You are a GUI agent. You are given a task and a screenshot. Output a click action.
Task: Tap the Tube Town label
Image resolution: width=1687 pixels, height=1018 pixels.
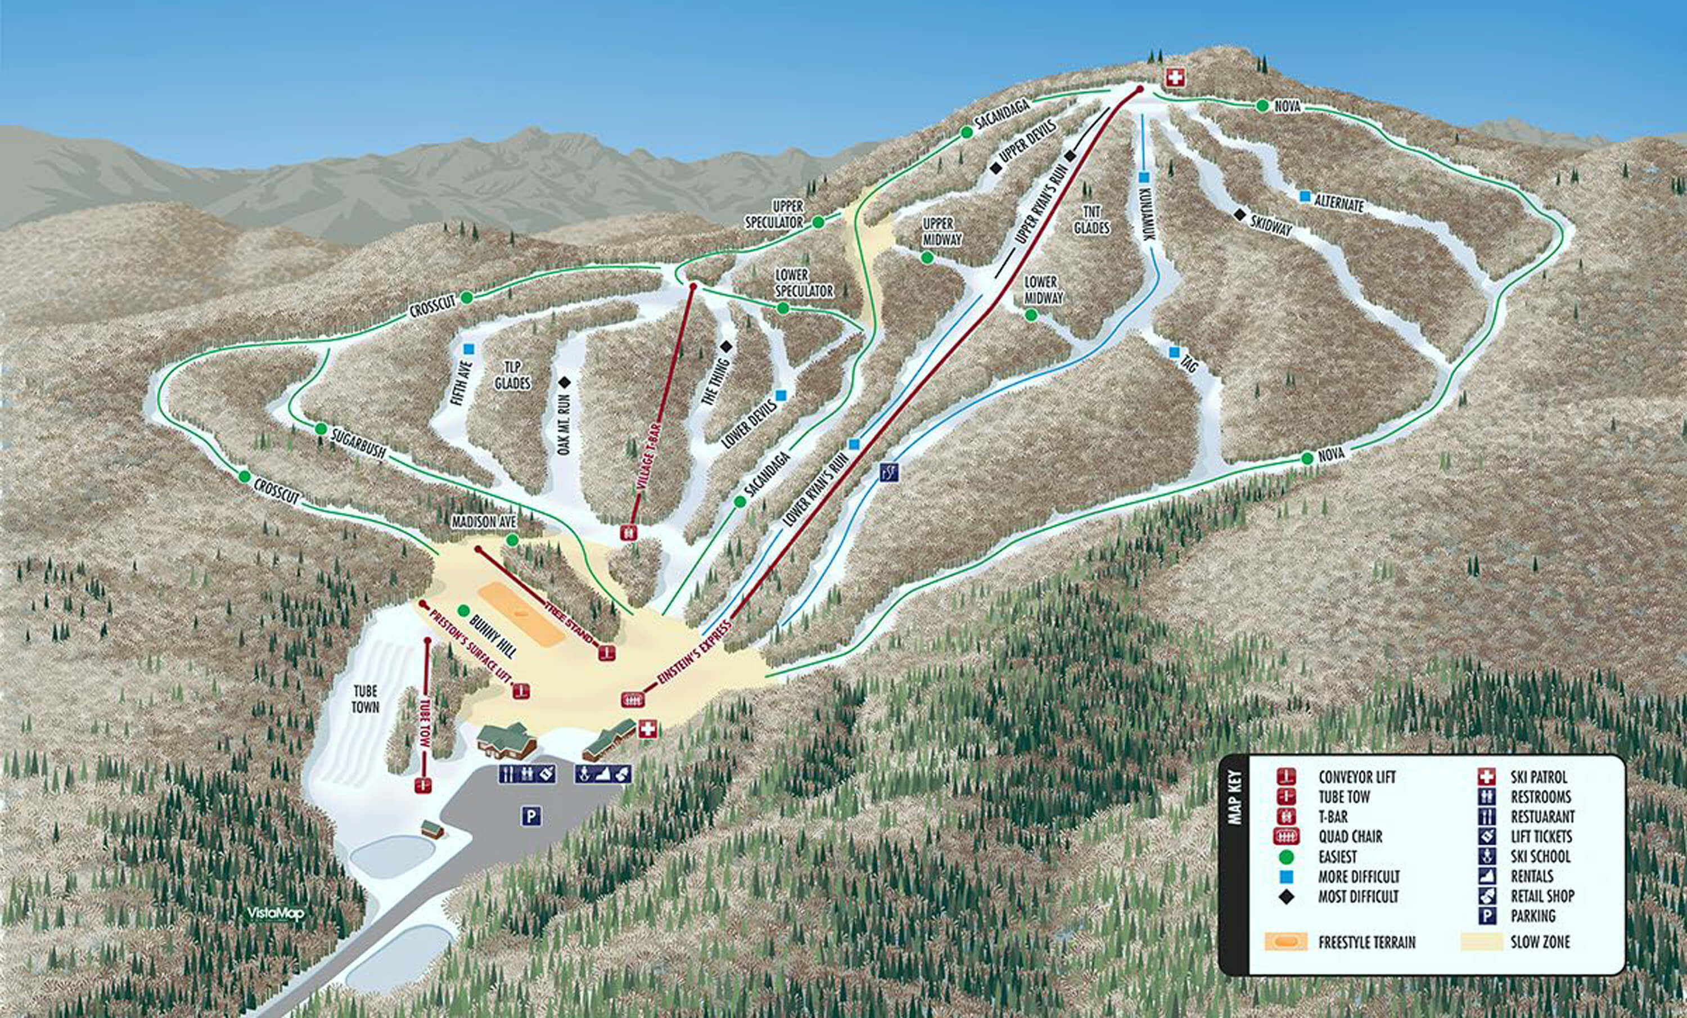click(x=365, y=699)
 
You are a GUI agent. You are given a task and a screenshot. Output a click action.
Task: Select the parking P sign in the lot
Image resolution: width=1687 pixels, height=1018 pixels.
click(x=531, y=816)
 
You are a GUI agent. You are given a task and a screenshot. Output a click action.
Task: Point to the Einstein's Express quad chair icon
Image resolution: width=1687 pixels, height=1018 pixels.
click(x=633, y=699)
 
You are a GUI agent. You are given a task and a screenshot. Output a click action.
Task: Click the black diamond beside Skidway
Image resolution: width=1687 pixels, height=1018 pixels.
click(x=1239, y=214)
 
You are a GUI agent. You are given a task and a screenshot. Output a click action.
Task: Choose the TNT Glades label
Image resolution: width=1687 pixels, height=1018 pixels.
click(x=1091, y=220)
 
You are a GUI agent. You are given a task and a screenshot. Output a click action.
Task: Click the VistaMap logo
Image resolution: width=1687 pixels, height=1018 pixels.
click(x=276, y=913)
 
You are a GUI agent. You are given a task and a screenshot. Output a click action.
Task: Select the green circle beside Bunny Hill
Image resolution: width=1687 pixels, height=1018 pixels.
click(x=463, y=610)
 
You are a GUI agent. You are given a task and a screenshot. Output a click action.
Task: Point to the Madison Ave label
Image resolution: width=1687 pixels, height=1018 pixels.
click(x=484, y=522)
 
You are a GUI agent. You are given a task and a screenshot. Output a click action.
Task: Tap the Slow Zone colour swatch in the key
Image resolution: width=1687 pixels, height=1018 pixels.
click(x=1480, y=942)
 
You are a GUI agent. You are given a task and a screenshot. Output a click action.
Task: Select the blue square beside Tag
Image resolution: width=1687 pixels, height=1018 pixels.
click(x=1174, y=353)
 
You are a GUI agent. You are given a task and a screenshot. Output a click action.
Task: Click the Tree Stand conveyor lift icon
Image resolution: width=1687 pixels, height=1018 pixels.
click(x=606, y=652)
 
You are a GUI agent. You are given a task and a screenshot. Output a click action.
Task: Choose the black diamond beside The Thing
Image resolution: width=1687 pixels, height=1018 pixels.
click(x=726, y=347)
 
